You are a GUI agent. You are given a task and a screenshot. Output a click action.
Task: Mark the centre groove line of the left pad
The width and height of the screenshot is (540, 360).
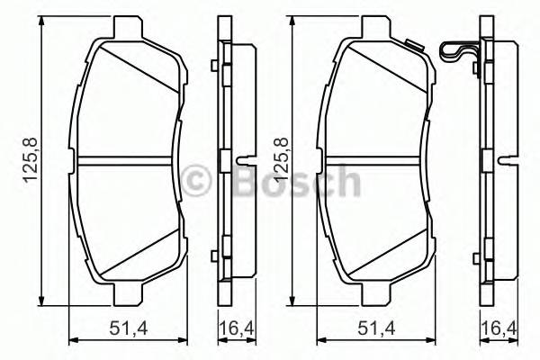coord(125,160)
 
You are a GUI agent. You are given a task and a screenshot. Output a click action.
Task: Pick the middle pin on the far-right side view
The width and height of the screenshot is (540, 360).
coord(508,161)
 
